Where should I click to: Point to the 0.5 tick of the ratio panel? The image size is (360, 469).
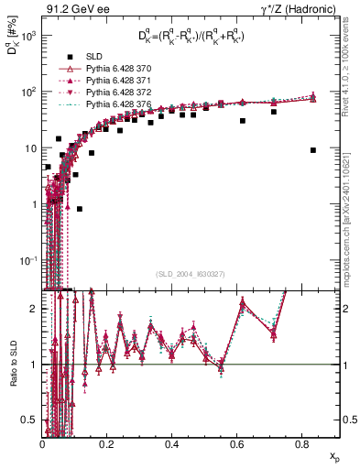[x=31, y=420]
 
